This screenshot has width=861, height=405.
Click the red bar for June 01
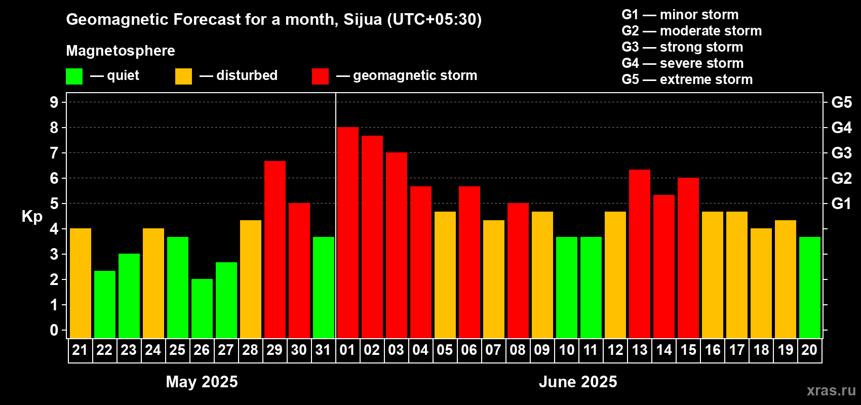click(x=348, y=233)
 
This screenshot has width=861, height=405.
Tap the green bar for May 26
click(x=202, y=309)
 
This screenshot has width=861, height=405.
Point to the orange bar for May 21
click(x=81, y=283)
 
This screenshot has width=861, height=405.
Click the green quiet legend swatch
click(x=74, y=76)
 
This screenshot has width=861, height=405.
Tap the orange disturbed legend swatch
click(x=183, y=76)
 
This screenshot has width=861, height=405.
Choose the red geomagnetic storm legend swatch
click(x=320, y=76)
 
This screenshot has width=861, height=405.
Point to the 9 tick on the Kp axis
click(x=54, y=102)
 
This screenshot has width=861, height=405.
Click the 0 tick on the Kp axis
click(x=54, y=331)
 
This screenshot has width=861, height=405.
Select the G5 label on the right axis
click(x=841, y=102)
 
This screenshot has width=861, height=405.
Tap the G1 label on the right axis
click(x=841, y=204)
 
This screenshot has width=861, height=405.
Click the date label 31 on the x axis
click(x=323, y=350)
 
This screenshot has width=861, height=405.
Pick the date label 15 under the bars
click(x=688, y=350)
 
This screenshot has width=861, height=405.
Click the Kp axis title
click(x=32, y=217)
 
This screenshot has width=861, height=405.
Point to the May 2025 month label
click(x=202, y=382)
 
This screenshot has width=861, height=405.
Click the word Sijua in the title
click(x=363, y=19)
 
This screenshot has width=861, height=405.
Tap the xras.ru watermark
click(x=831, y=390)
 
